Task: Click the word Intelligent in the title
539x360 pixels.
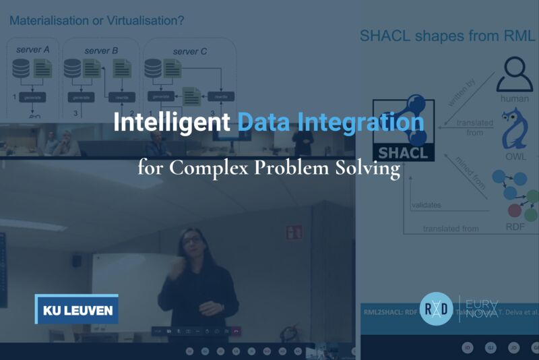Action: (172, 122)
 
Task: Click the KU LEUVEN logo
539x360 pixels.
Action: (77, 310)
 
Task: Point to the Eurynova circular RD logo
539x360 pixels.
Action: (437, 309)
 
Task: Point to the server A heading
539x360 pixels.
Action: (32, 51)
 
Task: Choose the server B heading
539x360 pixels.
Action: (101, 51)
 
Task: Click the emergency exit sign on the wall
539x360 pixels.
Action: (294, 233)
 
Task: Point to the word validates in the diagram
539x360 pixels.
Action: (426, 205)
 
